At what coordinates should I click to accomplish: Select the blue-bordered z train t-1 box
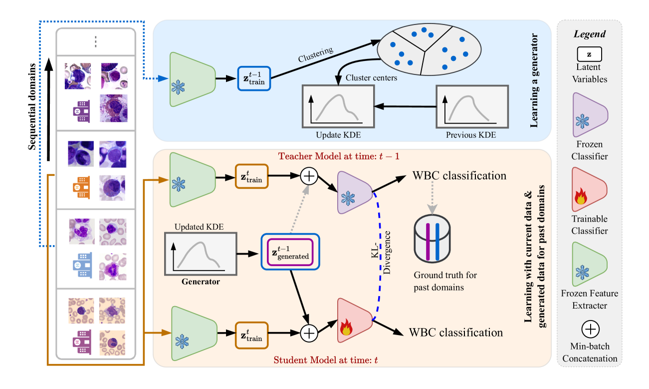pyautogui.click(x=254, y=78)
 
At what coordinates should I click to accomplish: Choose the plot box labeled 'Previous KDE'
pyautogui.click(x=472, y=106)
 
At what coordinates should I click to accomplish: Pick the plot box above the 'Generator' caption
pyautogui.click(x=200, y=254)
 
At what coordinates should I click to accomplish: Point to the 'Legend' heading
pyautogui.click(x=589, y=34)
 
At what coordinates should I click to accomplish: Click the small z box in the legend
pyautogui.click(x=589, y=54)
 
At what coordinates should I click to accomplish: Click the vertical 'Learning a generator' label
pyautogui.click(x=534, y=80)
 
